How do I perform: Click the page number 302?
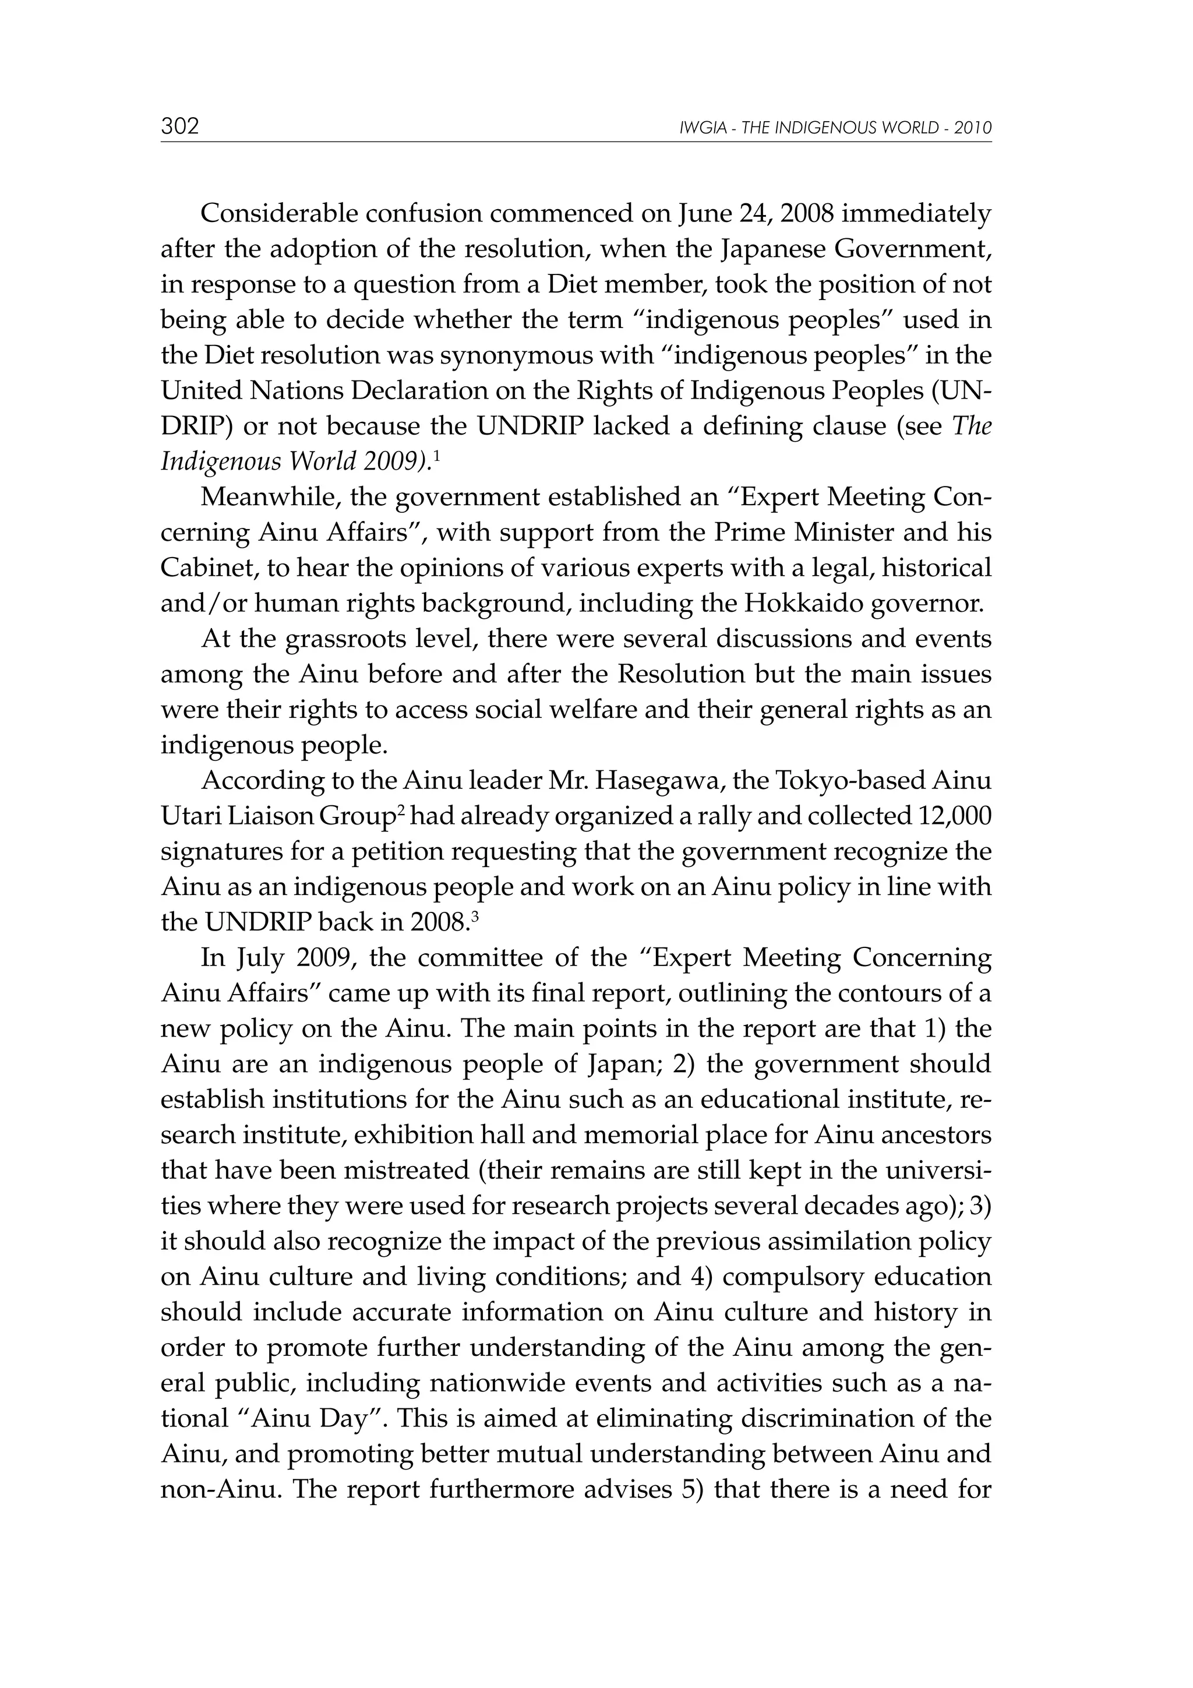(180, 126)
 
